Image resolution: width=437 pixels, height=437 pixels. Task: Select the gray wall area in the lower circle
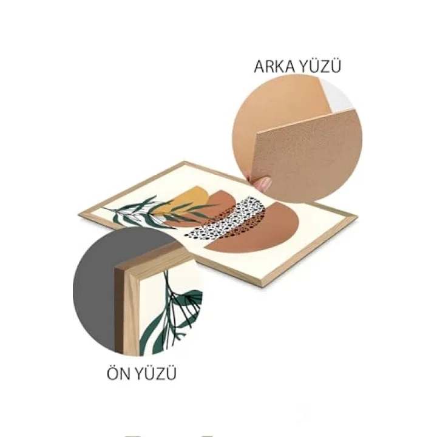click(95, 290)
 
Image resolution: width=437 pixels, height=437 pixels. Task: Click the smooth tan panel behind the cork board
click(279, 106)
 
